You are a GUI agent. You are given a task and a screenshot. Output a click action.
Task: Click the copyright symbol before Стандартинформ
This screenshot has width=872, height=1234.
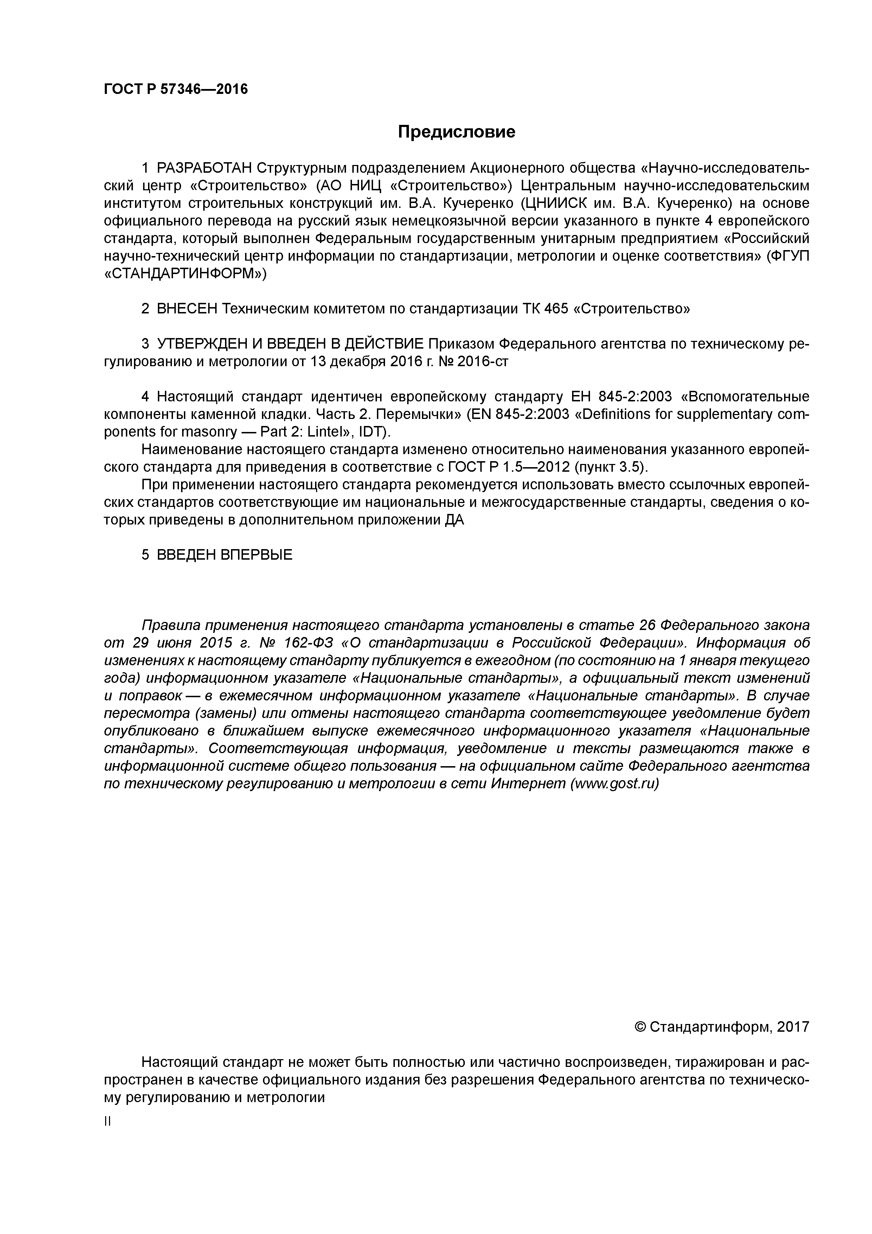tap(640, 1027)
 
